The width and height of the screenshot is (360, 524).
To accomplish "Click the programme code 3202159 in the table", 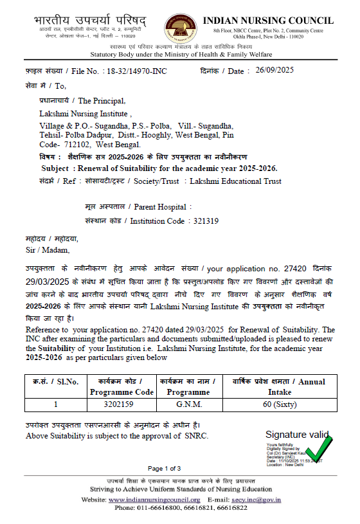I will pos(122,405).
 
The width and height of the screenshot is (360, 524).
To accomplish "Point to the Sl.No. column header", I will pos(56,382).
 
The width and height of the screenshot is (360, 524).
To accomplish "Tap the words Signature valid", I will pos(297,435).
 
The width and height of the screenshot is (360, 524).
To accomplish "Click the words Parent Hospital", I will pos(159,207).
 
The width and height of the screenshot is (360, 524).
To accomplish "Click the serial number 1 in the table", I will pos(56,405).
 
